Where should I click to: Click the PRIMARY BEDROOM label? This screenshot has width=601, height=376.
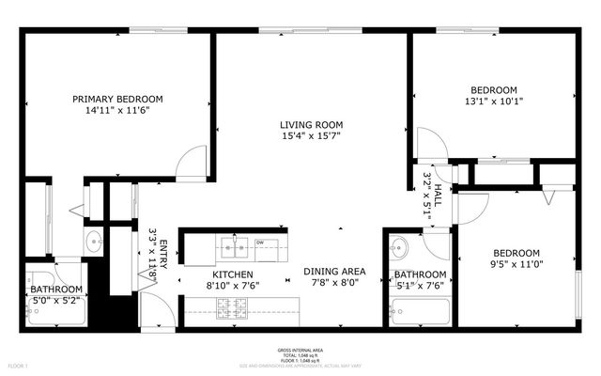click(118, 99)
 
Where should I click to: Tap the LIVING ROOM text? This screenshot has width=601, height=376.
click(311, 125)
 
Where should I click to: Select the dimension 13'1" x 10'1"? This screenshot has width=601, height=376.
click(494, 102)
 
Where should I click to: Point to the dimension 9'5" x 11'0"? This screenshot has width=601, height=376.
click(516, 265)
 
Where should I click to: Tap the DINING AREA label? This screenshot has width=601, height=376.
click(333, 272)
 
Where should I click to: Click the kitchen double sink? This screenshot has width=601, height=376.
click(235, 249)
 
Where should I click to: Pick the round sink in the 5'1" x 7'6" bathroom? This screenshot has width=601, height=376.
click(398, 250)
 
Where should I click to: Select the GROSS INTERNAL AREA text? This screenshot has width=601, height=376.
click(300, 348)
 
